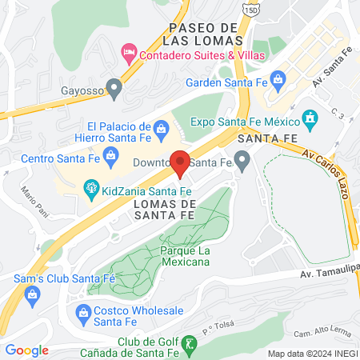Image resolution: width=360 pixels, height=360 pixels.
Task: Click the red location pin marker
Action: coord(181,162)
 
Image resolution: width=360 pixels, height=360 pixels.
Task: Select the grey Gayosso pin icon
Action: coord(115,89)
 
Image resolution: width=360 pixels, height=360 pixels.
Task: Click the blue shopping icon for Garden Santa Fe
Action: coord(278,80)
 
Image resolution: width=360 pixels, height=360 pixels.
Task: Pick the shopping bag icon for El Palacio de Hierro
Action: coord(161,130)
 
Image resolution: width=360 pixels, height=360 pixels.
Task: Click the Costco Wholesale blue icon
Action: coord(82,312)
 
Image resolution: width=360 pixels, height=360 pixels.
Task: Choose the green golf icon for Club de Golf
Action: coord(189,344)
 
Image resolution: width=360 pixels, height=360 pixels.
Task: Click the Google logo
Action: coord(26,350)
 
